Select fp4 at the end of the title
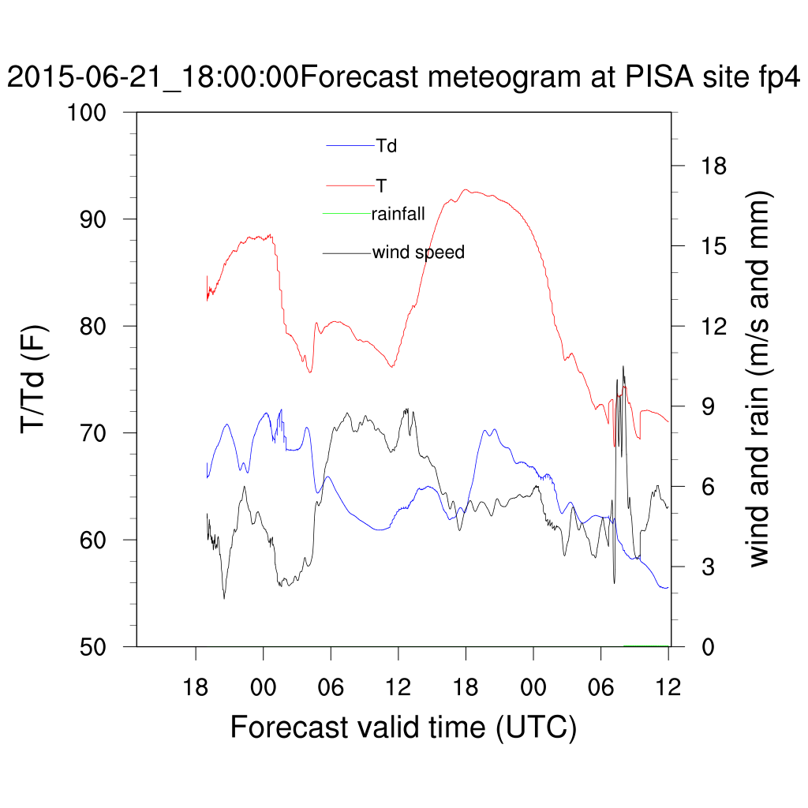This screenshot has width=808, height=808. [x=778, y=78]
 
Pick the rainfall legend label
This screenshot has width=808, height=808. [x=398, y=213]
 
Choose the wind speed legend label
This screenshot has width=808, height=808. [x=418, y=252]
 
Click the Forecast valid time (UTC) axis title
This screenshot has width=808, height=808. [x=403, y=726]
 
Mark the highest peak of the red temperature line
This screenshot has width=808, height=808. [x=466, y=189]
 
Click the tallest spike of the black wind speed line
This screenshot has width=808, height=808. [x=623, y=366]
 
